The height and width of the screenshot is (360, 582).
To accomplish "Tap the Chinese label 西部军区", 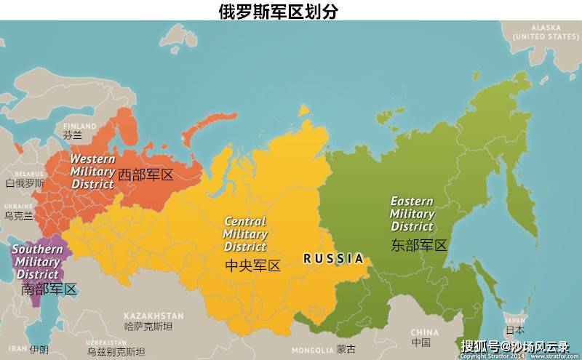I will pos(145,175).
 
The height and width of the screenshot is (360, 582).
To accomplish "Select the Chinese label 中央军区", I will pos(252,266).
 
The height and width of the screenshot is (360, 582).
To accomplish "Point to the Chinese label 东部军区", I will pos(418,245).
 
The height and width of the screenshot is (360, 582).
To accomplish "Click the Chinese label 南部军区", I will pos(49,289).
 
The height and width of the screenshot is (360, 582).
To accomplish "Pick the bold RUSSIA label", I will pos(333,258).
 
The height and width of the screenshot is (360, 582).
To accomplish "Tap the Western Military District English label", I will pos(92,171).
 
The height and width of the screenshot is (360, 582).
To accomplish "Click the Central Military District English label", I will pos(245,234).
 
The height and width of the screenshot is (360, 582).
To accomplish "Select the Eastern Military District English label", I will pos(412,214).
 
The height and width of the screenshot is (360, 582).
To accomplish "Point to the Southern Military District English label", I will pos(37,262).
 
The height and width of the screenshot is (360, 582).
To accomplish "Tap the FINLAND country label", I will pos(80,126).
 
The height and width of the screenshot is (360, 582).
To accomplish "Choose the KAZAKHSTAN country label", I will pos(153,316).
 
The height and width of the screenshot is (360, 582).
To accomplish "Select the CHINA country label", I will pos(425,332).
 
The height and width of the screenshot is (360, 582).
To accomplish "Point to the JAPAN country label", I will pos(515,319).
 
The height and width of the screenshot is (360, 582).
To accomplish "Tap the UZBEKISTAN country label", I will pos(106,342).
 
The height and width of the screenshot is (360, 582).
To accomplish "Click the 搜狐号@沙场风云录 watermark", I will pos(515,346).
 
